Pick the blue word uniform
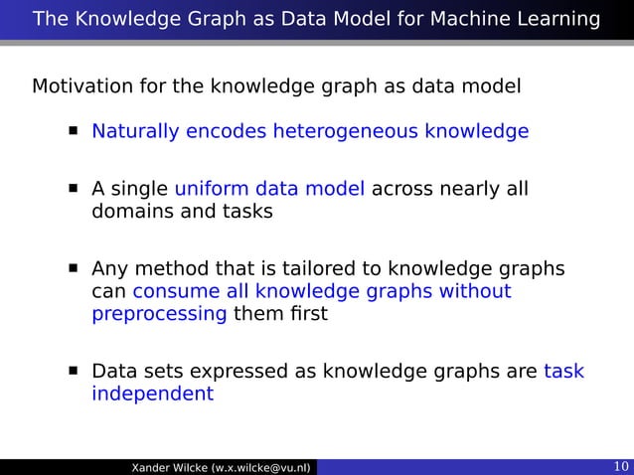tap(212, 189)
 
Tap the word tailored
tap(336, 268)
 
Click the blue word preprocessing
tap(159, 314)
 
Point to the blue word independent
tap(152, 394)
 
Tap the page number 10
tap(618, 467)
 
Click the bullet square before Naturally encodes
tap(74, 131)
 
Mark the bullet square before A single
tap(74, 189)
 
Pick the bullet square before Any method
tap(74, 268)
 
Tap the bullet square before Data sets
tap(74, 372)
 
